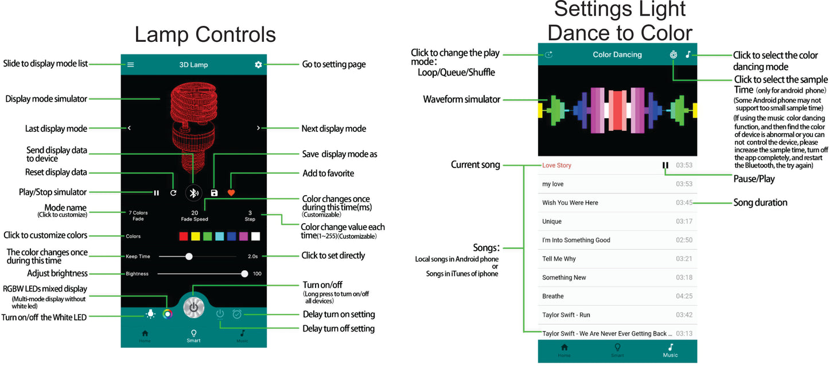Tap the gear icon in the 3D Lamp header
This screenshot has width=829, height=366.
(x=258, y=64)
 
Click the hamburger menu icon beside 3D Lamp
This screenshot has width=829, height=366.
(x=130, y=64)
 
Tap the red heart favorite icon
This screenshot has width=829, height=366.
(x=231, y=193)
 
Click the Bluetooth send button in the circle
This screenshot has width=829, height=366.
(x=194, y=193)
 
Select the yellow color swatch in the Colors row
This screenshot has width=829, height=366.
(x=196, y=236)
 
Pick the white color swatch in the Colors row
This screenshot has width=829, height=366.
(x=256, y=236)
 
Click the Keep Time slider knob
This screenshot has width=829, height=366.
(x=189, y=256)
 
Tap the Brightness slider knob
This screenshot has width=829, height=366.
(x=245, y=274)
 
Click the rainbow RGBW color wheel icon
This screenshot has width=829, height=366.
(x=168, y=314)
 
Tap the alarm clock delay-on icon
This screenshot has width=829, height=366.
(x=237, y=314)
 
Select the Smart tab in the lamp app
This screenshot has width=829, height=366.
(x=193, y=336)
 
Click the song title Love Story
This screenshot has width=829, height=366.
(x=556, y=166)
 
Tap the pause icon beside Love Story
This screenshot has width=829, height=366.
(x=665, y=166)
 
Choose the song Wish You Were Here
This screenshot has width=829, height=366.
(x=570, y=203)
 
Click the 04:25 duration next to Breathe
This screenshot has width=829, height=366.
(x=684, y=296)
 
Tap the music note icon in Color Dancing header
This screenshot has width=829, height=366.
(x=688, y=54)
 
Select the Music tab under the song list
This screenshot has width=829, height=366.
(x=670, y=351)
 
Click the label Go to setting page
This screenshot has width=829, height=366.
(x=333, y=64)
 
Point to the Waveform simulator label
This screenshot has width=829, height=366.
(x=461, y=99)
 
